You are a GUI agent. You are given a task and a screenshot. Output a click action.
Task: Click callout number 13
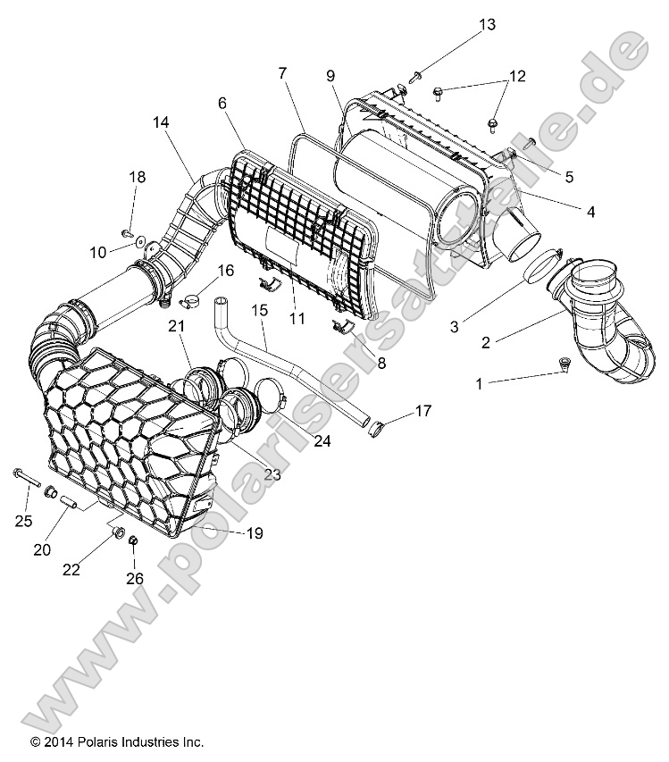coord(486,24)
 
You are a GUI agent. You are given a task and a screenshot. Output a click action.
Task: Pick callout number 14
coord(160,121)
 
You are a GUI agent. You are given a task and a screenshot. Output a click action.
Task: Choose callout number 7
coord(282,72)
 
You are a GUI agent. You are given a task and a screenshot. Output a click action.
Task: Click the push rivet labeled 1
coord(564,364)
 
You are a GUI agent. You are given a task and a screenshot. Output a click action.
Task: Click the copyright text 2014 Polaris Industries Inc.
coord(117,742)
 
